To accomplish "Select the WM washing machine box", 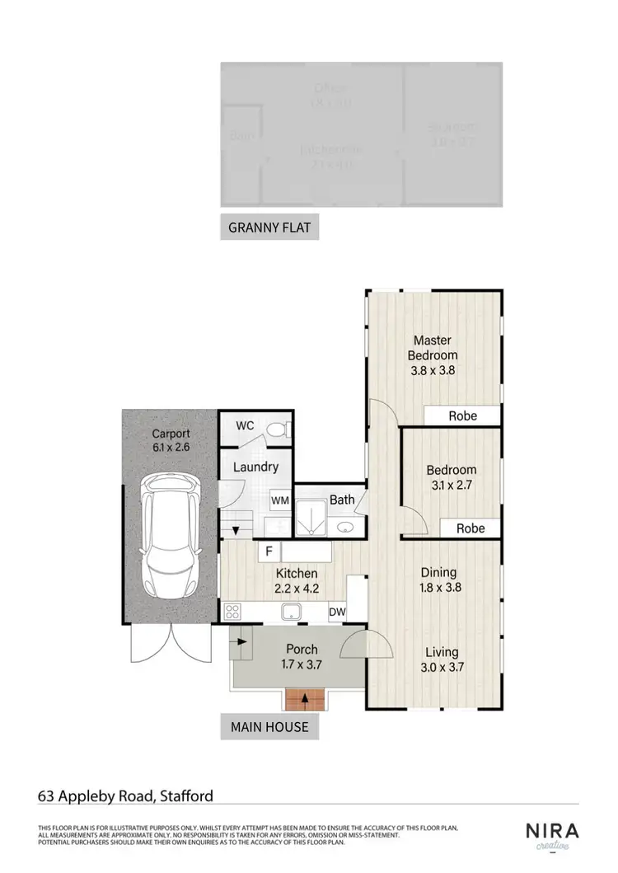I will point(280,500).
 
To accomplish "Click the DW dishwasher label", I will point(336,612).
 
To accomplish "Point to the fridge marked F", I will point(269,551).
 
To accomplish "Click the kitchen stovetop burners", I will point(232,612).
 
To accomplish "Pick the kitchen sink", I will point(292,612).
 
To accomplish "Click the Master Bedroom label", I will point(433,347).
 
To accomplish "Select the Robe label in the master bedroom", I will point(462,415).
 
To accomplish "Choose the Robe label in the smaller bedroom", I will point(471,528).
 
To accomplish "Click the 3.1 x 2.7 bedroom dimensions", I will point(451,486).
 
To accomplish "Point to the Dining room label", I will point(438,573).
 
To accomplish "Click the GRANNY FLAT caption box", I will point(269,228).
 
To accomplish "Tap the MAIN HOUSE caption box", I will point(269,726).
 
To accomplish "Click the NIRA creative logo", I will point(552,834).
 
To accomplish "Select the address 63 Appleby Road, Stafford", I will point(125,796).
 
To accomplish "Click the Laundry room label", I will point(255,467).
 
